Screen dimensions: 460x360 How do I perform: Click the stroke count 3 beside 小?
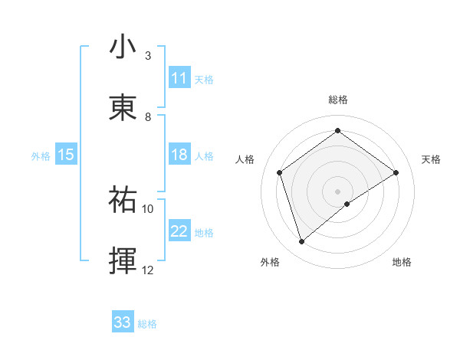pyautogui.click(x=148, y=56)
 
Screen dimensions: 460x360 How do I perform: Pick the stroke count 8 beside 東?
pyautogui.click(x=148, y=117)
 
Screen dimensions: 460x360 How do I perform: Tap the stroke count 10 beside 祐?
pyautogui.click(x=148, y=208)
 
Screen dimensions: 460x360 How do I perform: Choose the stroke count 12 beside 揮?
pyautogui.click(x=148, y=270)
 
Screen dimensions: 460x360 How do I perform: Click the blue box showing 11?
pyautogui.click(x=179, y=78)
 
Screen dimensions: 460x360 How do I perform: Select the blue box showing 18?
pyautogui.click(x=179, y=155)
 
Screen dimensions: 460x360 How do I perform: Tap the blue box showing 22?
pyautogui.click(x=179, y=231)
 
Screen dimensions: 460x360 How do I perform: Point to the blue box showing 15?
pyautogui.click(x=66, y=155)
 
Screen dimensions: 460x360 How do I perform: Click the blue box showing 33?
pyautogui.click(x=123, y=322)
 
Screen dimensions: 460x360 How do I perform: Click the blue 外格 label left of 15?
pyautogui.click(x=41, y=156)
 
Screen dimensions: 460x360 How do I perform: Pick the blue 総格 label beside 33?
pyautogui.click(x=147, y=324)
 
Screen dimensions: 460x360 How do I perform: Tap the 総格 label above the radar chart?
pyautogui.click(x=338, y=100)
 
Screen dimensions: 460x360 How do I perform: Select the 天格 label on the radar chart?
pyautogui.click(x=431, y=159)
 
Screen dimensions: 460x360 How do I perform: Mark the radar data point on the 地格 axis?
pyautogui.click(x=347, y=204)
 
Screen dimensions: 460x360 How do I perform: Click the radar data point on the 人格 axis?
pyautogui.click(x=280, y=172)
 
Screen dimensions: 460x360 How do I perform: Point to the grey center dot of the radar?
pyautogui.click(x=338, y=191)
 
